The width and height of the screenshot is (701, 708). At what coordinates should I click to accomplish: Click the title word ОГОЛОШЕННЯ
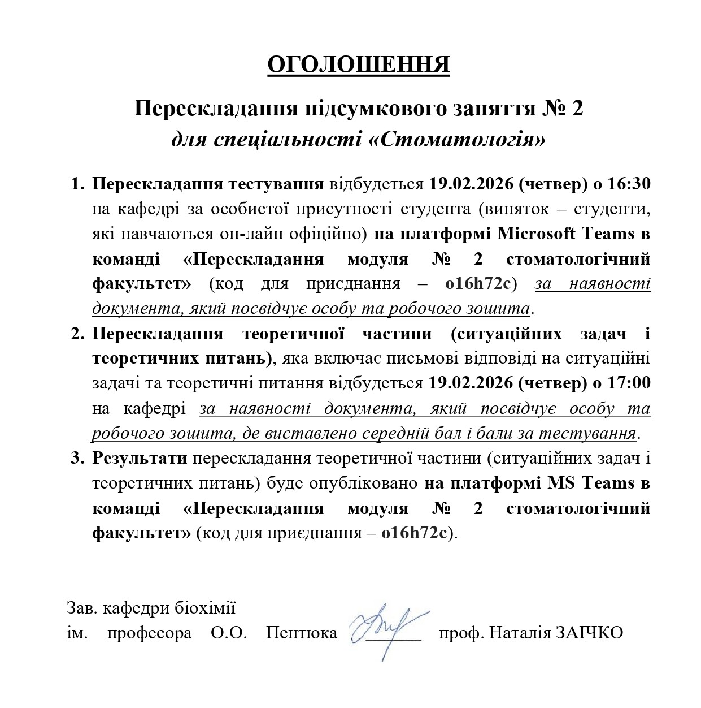pyautogui.click(x=358, y=65)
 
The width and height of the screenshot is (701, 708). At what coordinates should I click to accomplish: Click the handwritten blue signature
pyautogui.click(x=384, y=627)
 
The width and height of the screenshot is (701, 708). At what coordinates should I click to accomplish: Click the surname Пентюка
pyautogui.click(x=302, y=632)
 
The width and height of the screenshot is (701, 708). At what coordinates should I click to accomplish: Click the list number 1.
pyautogui.click(x=76, y=184)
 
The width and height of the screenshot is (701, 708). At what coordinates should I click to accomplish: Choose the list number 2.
pyautogui.click(x=76, y=334)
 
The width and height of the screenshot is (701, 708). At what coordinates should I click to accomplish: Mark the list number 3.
pyautogui.click(x=76, y=458)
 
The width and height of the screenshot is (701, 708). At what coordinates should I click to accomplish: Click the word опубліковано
pyautogui.click(x=362, y=483)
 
